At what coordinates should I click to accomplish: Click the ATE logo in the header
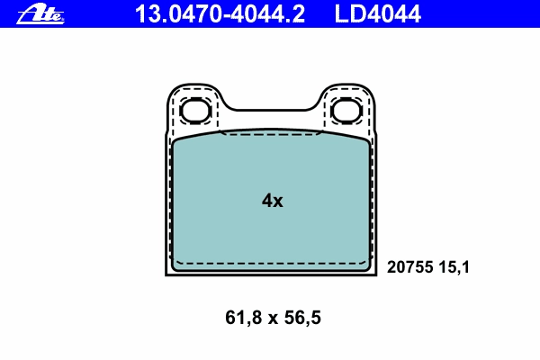[x=40, y=14]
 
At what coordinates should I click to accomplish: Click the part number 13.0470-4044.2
[x=220, y=14]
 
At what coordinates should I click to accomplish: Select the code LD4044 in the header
[x=377, y=14]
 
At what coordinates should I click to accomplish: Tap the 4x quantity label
[x=273, y=201]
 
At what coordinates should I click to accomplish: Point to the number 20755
[x=409, y=267]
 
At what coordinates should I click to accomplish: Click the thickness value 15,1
[x=454, y=267]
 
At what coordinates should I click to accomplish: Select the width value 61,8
[x=244, y=318]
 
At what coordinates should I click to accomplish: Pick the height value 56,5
[x=302, y=318]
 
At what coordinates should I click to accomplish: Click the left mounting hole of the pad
[x=195, y=111]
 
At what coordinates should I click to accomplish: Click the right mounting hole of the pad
[x=346, y=111]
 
